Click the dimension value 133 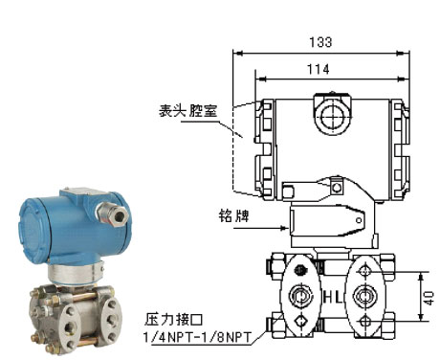[x=320, y=42]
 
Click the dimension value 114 [x=318, y=69]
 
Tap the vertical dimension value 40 [x=429, y=298]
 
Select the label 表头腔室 [x=188, y=110]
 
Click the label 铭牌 [x=233, y=215]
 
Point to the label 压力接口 [x=173, y=319]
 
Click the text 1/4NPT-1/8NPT [x=198, y=337]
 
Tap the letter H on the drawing [x=328, y=298]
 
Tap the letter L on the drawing [x=339, y=298]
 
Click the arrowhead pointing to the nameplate [x=282, y=228]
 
